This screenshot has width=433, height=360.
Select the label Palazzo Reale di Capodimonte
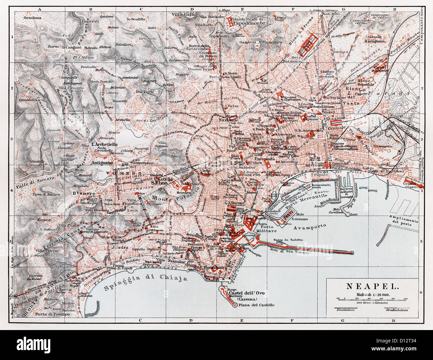point(248,21)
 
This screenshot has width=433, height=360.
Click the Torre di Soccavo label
point(47,194)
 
